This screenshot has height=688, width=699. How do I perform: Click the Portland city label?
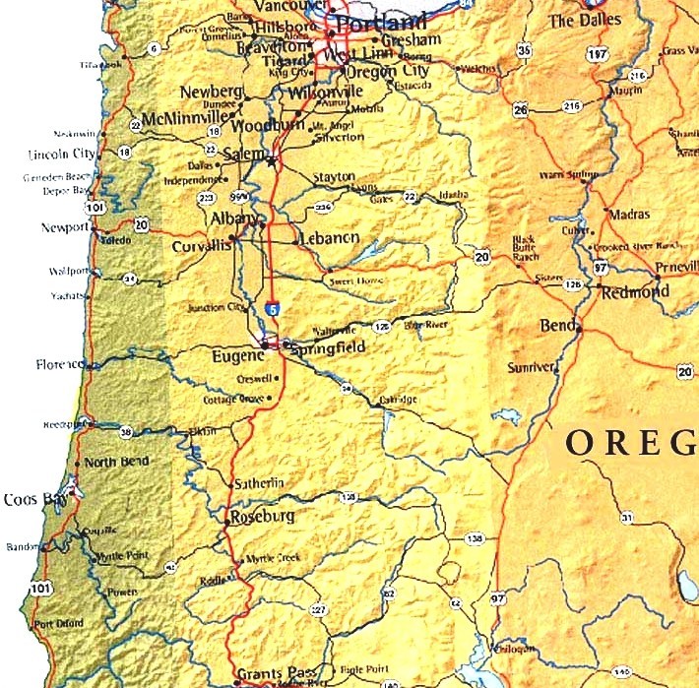click(x=382, y=23)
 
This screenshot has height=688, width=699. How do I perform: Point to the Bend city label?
click(x=557, y=325)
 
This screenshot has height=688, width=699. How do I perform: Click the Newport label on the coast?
click(x=65, y=227)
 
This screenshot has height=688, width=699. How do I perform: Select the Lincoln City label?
click(x=61, y=155)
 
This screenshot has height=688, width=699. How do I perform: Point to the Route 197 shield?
click(x=596, y=55)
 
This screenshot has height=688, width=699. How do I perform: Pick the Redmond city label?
click(x=634, y=291)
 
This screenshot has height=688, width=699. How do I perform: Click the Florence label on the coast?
click(x=62, y=364)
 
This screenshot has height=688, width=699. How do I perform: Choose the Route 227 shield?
click(x=318, y=611)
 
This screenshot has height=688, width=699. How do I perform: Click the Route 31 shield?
click(x=626, y=517)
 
